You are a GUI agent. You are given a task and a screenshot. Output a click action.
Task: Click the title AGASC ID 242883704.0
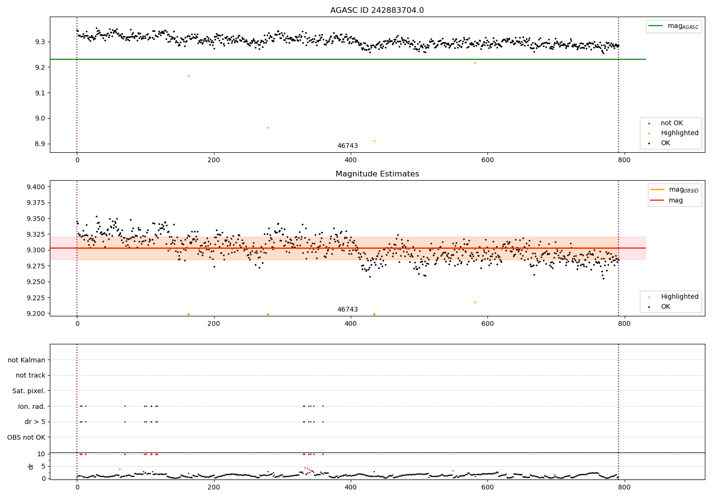(377, 10)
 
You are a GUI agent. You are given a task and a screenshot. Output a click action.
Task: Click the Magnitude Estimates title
(377, 174)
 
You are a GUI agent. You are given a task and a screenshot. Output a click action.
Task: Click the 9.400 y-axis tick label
(36, 187)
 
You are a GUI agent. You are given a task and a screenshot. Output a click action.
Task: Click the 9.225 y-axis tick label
(36, 298)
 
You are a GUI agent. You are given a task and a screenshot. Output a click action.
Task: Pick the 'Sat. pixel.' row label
(28, 391)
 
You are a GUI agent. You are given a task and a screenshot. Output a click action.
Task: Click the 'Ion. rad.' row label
(31, 406)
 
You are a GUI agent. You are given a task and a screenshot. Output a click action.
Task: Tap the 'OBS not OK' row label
(26, 437)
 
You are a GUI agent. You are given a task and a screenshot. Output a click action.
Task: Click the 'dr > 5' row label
(35, 422)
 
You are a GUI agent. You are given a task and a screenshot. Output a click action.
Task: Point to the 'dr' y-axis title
(31, 466)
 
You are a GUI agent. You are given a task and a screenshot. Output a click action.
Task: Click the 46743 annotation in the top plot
(347, 146)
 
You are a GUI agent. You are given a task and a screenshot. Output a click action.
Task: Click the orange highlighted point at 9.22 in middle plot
(475, 302)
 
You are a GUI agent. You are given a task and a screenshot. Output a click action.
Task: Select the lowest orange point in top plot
(374, 141)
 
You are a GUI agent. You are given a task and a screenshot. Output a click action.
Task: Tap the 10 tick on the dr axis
(41, 454)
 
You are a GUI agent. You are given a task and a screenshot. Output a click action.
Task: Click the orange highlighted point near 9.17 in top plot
(188, 76)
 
